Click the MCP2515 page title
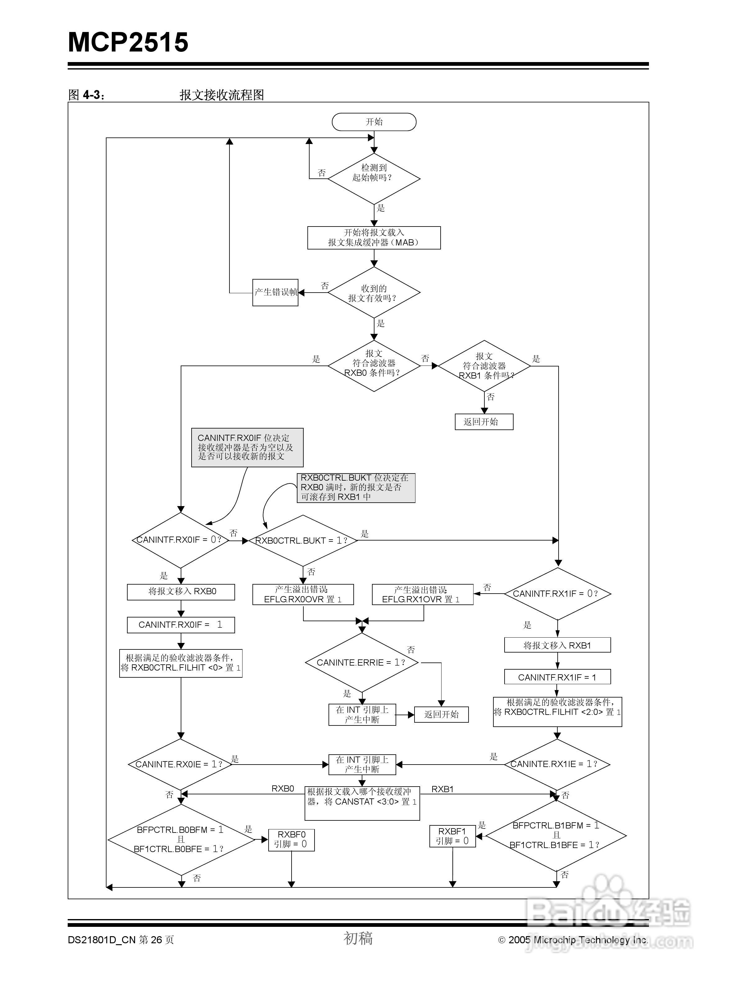(x=128, y=42)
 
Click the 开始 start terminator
(x=374, y=122)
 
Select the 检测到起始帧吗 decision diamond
(x=374, y=179)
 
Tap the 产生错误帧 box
(x=275, y=292)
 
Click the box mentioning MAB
(x=374, y=238)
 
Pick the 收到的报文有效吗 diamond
(x=374, y=292)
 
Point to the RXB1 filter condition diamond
(x=484, y=366)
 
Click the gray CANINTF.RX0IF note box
(x=247, y=447)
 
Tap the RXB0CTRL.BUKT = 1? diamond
(x=303, y=541)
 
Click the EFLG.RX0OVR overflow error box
(x=303, y=595)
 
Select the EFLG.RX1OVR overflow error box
(x=422, y=595)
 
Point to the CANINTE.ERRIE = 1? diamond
(x=362, y=662)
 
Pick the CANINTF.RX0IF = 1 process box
(x=181, y=625)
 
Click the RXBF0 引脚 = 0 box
(x=292, y=840)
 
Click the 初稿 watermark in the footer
(x=358, y=938)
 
